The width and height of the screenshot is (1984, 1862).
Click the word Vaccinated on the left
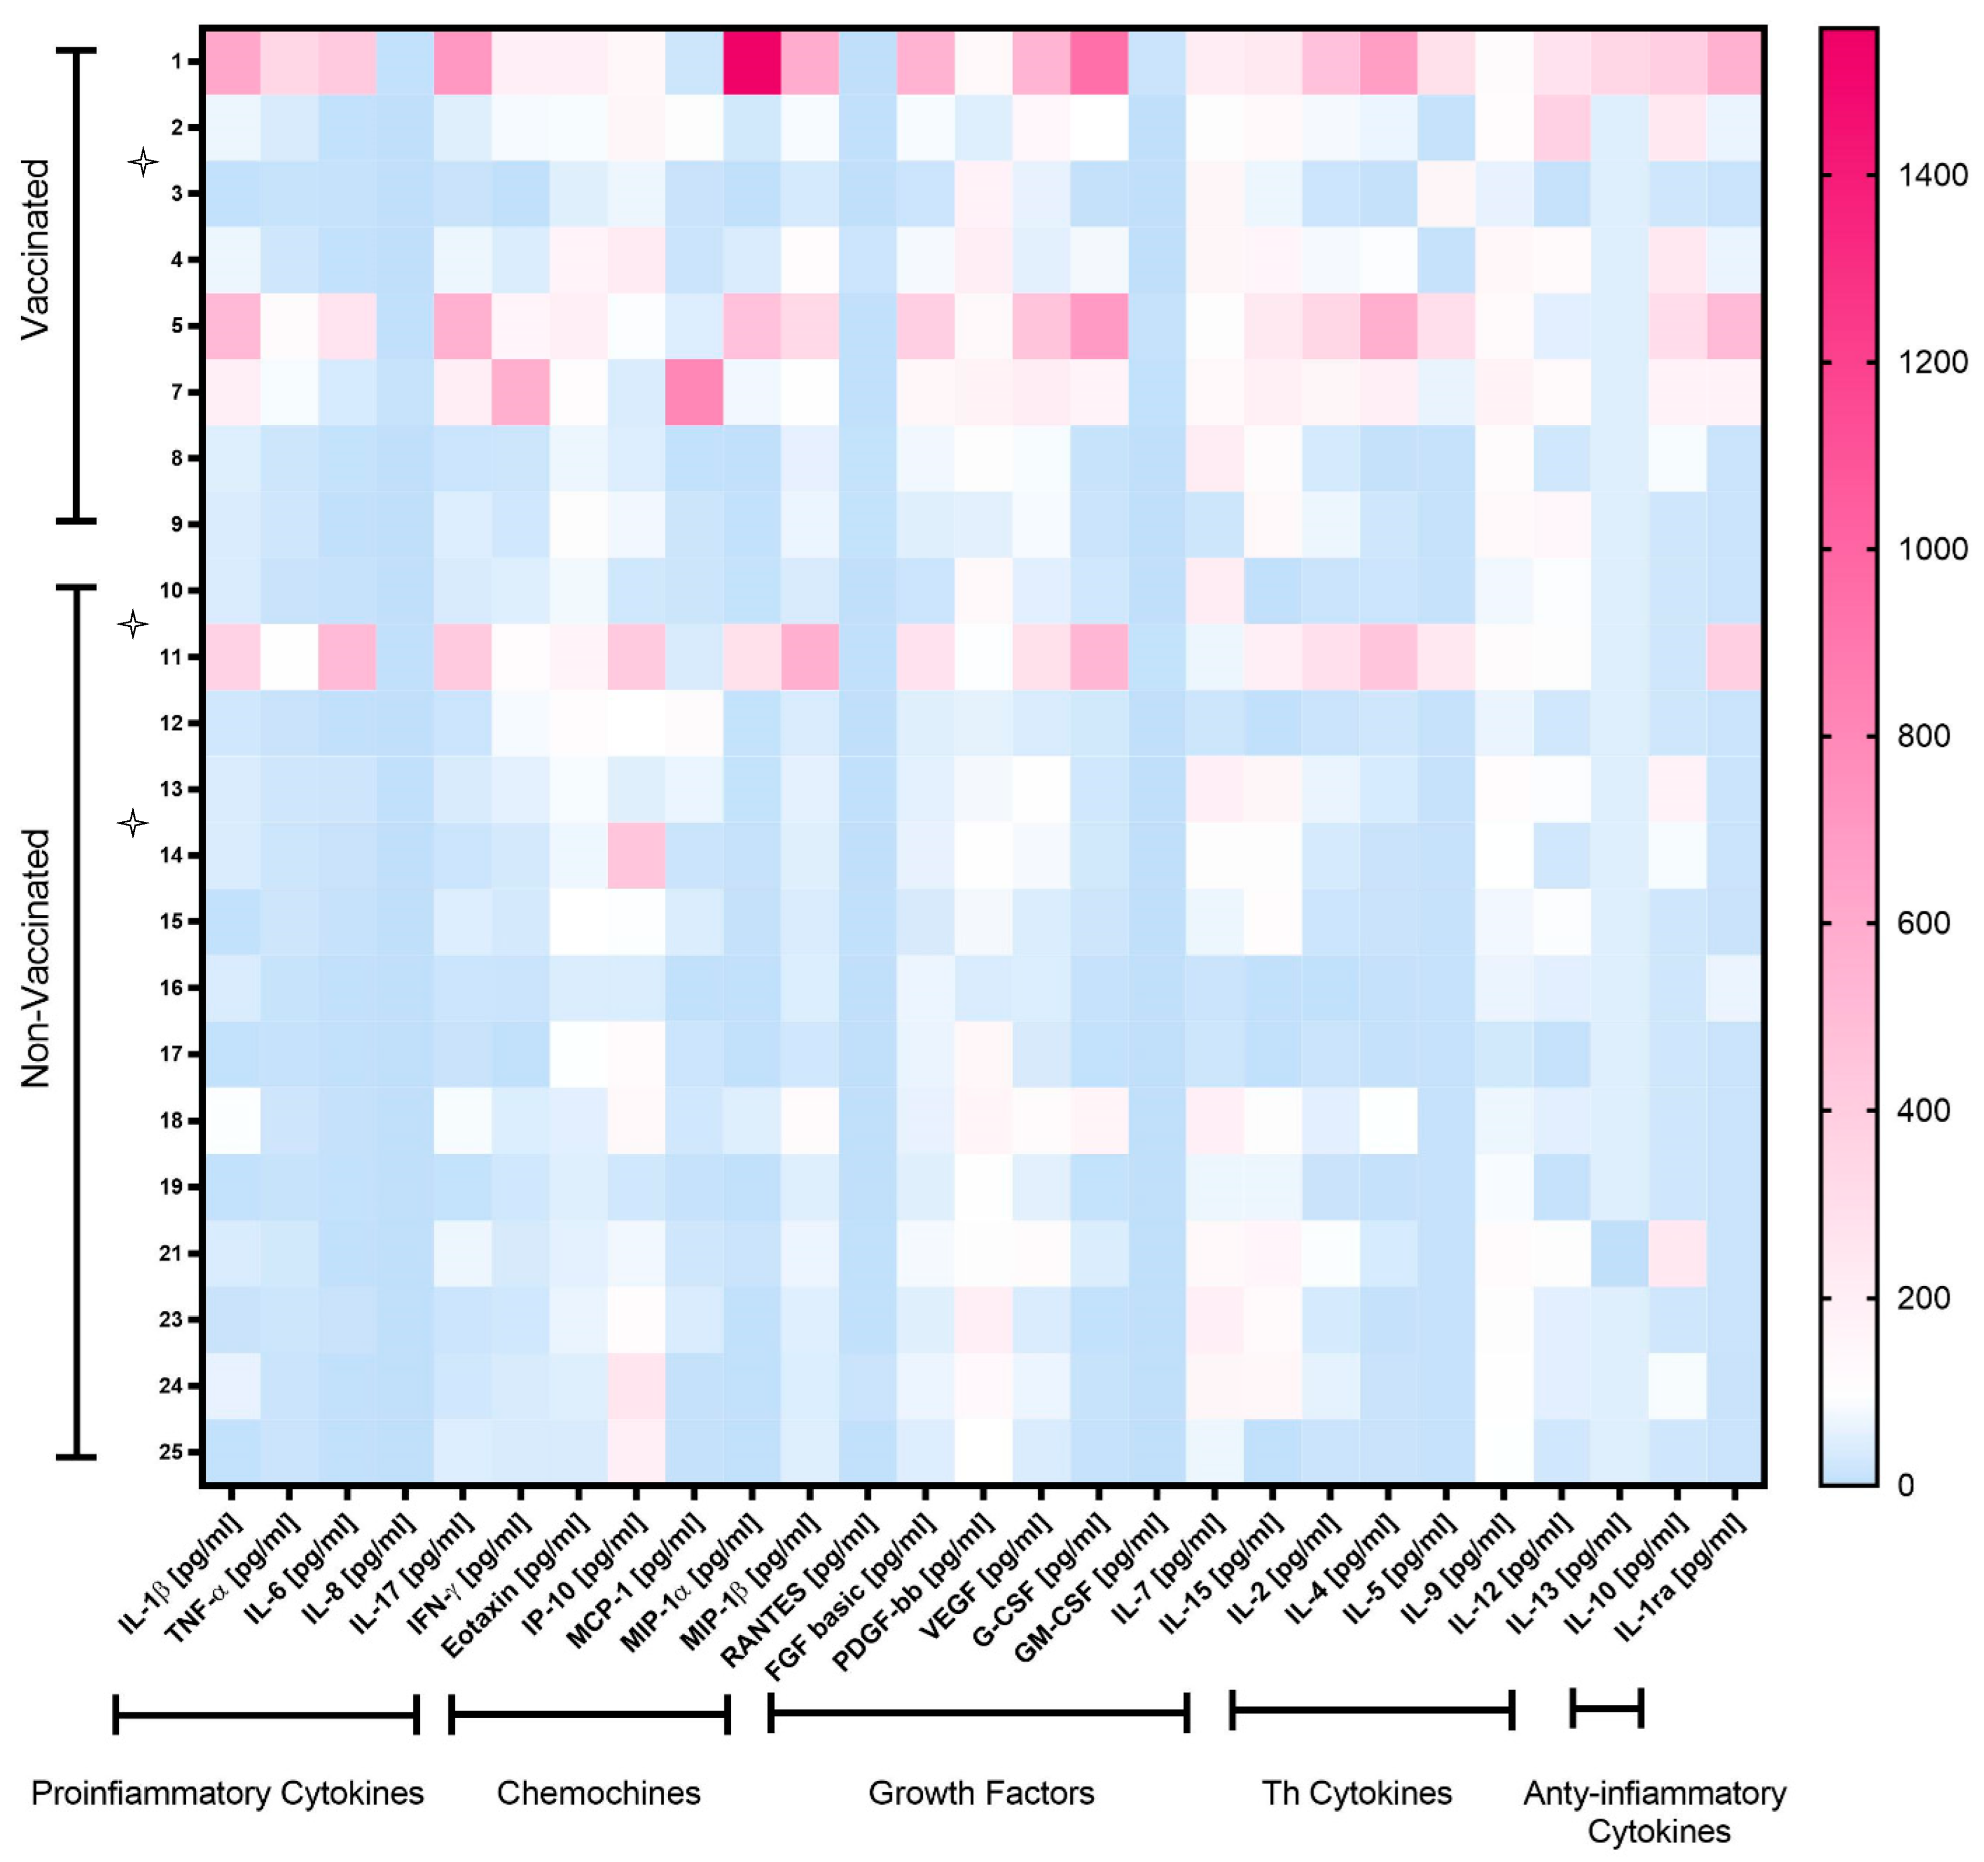36,250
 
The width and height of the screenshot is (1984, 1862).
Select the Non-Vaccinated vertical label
36,959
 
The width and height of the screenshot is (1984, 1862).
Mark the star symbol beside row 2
143,162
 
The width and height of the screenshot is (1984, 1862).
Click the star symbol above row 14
133,823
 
